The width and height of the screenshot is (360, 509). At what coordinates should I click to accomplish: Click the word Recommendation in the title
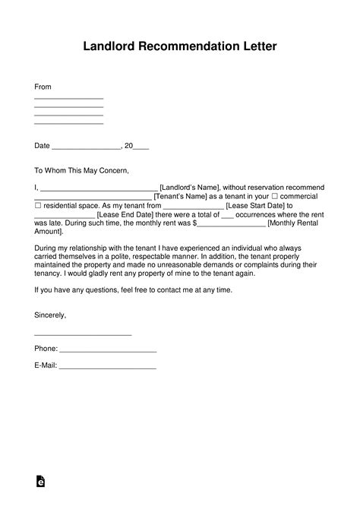point(180,47)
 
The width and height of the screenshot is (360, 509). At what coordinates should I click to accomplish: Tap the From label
point(43,87)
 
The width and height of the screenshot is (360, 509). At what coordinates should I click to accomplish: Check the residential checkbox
point(38,205)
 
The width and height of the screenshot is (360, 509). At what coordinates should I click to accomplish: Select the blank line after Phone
point(108,351)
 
